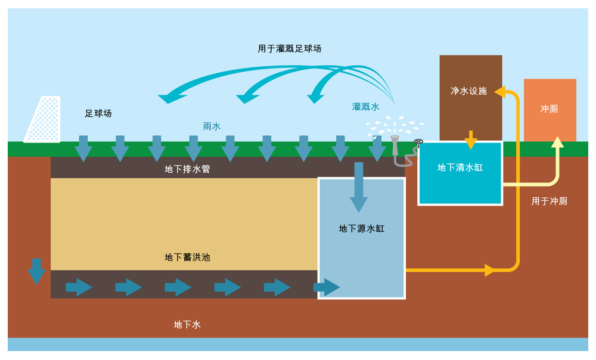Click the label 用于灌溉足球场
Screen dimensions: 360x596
pyautogui.click(x=290, y=48)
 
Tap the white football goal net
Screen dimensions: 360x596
pyautogui.click(x=43, y=120)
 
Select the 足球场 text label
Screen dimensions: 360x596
pyautogui.click(x=98, y=113)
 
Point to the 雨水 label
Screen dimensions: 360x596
pyautogui.click(x=212, y=126)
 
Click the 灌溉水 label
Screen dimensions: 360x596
pyautogui.click(x=365, y=107)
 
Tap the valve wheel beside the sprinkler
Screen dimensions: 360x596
pyautogui.click(x=419, y=143)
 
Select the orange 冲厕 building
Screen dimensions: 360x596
pyautogui.click(x=550, y=109)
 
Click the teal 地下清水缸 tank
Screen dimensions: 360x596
pyautogui.click(x=460, y=173)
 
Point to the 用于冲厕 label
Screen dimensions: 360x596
pyautogui.click(x=549, y=201)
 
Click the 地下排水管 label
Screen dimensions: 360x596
pyautogui.click(x=187, y=169)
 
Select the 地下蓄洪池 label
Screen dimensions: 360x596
pyautogui.click(x=187, y=257)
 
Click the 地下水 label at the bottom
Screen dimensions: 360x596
pyautogui.click(x=187, y=324)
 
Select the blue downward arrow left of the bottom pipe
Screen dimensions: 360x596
pyautogui.click(x=36, y=271)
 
